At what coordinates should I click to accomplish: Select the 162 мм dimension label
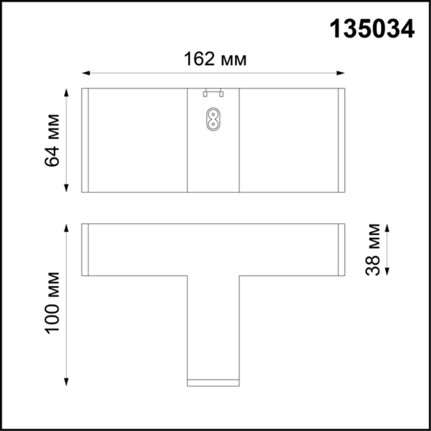tap(215, 60)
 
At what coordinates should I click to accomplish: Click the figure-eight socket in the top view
tap(213, 119)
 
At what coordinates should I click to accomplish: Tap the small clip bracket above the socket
tap(213, 92)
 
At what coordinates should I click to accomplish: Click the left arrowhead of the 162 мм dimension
tap(85, 73)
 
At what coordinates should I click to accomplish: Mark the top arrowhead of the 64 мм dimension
tap(66, 92)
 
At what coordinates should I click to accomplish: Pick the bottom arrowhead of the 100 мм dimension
tap(66, 382)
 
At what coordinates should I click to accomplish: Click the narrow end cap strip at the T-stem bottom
tap(213, 383)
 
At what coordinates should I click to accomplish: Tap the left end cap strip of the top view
tap(85, 140)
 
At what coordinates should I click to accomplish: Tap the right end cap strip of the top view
tap(341, 140)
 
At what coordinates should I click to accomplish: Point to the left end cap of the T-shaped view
tap(85, 250)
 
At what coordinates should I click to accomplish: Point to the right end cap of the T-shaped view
tap(341, 250)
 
